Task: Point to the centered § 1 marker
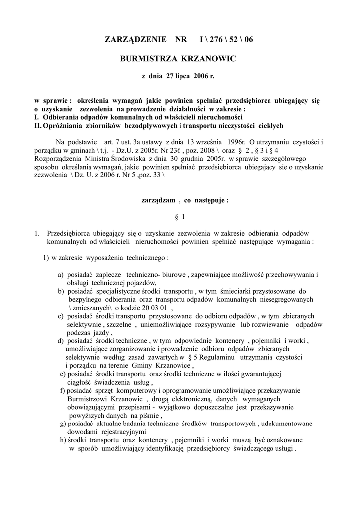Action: point(180,217)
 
